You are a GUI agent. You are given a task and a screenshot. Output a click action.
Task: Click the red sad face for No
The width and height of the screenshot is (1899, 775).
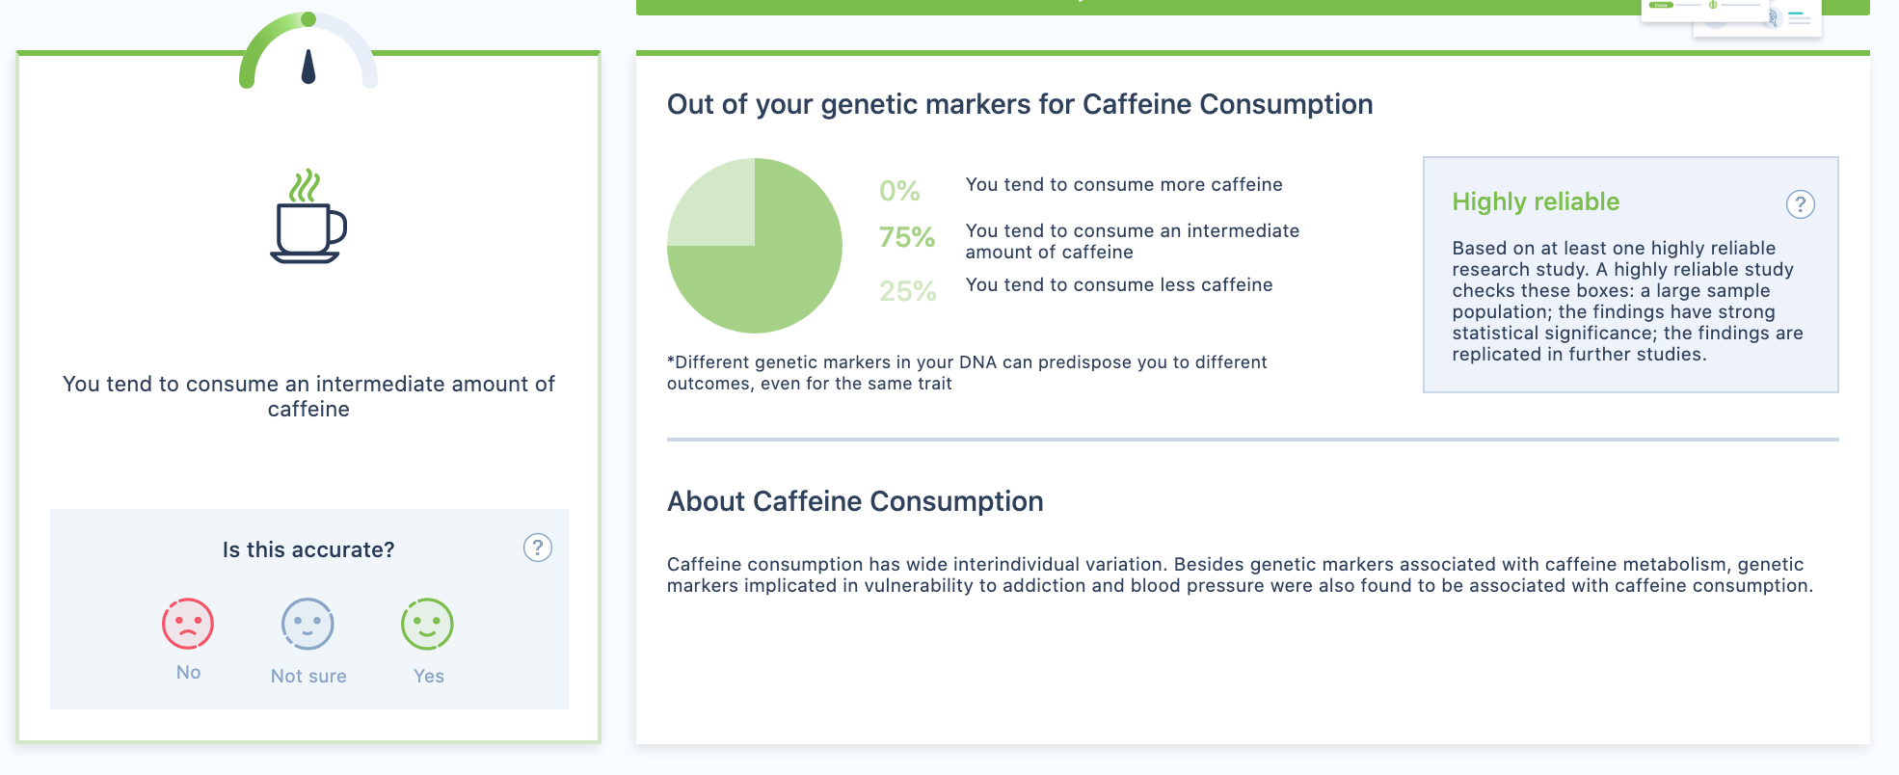tap(188, 624)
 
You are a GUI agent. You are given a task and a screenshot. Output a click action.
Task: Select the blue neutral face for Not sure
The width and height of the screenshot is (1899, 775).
tap(308, 624)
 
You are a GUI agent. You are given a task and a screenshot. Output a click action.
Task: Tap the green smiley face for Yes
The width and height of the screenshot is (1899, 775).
tap(427, 624)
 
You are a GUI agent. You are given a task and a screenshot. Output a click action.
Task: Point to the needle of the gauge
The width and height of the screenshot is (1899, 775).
tap(308, 67)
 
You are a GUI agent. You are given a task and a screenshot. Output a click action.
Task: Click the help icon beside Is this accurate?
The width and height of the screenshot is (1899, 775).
tap(538, 548)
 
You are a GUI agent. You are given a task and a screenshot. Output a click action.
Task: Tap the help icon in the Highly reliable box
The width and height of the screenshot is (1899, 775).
tap(1800, 204)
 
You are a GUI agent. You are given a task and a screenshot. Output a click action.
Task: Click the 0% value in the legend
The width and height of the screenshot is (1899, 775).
tap(899, 191)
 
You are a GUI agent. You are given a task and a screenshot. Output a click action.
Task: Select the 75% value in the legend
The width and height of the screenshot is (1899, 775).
tap(907, 237)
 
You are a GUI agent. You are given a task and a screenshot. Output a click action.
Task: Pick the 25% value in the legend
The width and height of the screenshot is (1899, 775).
tap(907, 291)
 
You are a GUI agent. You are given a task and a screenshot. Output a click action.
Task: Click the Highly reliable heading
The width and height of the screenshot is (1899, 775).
tap(1536, 201)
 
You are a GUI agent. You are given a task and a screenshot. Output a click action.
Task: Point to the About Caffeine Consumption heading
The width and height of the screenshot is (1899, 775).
tap(855, 501)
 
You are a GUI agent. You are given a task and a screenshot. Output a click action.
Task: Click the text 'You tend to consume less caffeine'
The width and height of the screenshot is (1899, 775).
tap(1119, 285)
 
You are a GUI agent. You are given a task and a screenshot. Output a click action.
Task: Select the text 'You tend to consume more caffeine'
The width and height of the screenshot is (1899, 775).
tap(1124, 185)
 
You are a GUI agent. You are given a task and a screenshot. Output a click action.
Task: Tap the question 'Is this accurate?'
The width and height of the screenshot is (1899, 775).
tap(308, 549)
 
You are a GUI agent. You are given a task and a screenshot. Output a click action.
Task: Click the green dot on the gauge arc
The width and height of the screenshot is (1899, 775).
tap(308, 19)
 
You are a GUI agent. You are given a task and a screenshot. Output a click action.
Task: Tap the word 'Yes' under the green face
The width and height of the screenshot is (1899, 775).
tap(429, 677)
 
